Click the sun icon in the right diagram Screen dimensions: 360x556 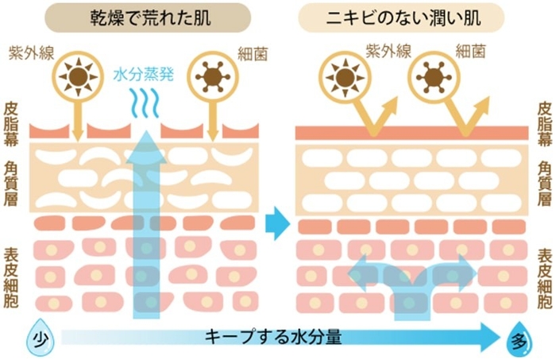346,78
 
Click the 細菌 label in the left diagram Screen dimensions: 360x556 253,53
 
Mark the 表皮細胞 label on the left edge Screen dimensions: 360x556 12,276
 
